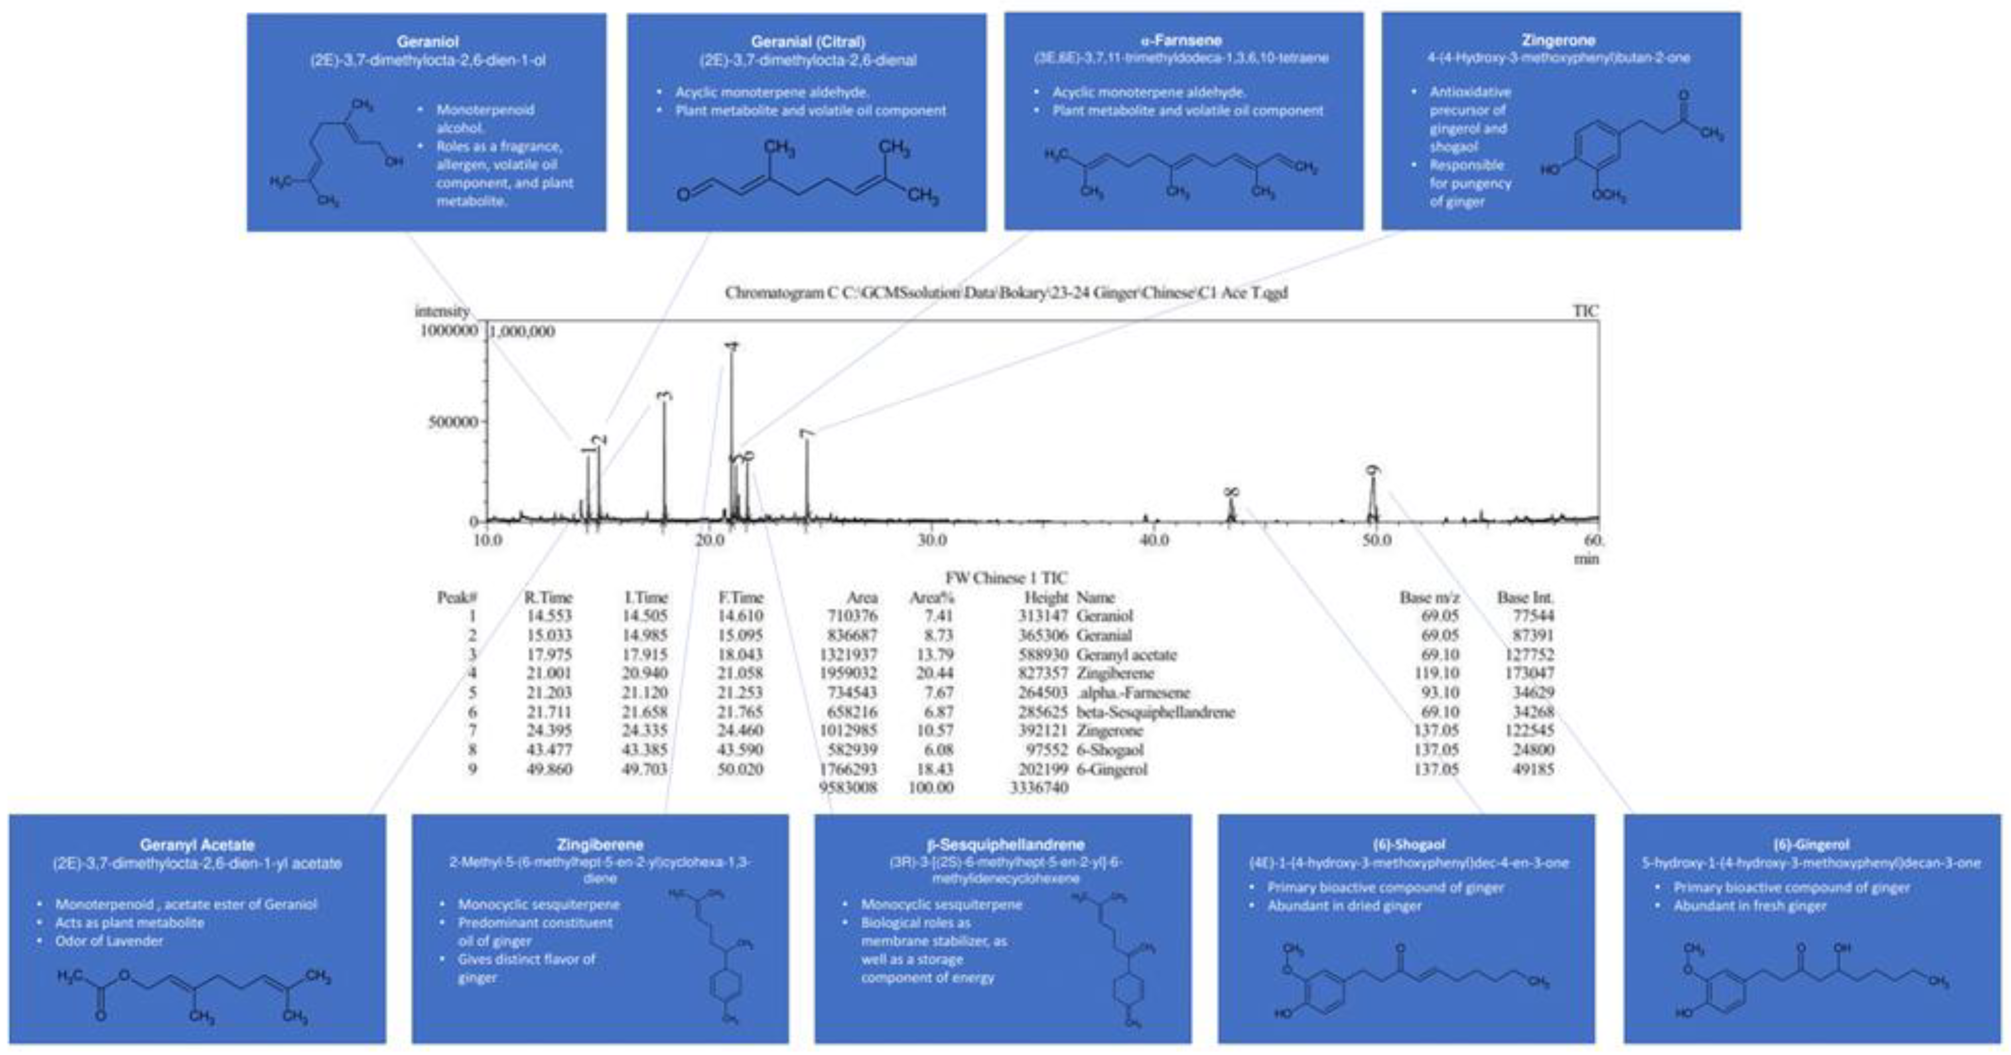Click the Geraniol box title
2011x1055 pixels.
click(x=427, y=42)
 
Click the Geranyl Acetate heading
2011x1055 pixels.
click(x=197, y=845)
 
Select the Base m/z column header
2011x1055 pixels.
click(x=1429, y=597)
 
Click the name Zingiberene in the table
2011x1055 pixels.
click(x=1114, y=673)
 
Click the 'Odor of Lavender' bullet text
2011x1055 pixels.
click(x=109, y=941)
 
